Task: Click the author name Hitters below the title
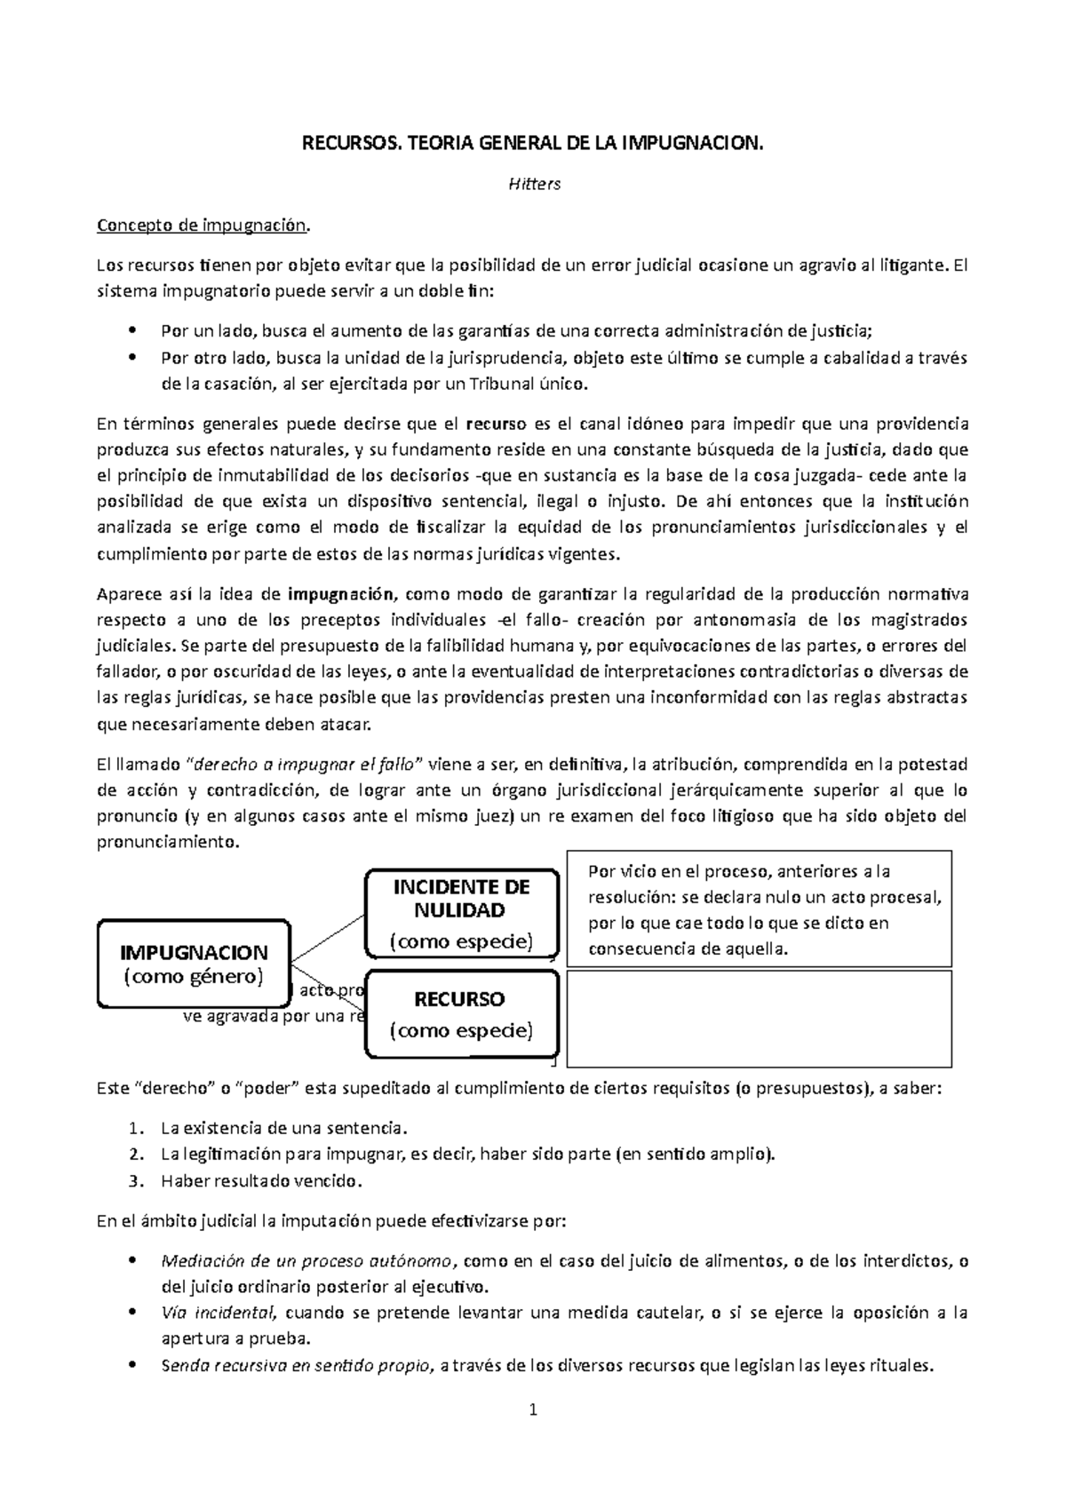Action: tap(533, 185)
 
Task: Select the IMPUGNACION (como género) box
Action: tap(194, 964)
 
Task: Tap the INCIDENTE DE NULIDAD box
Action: tap(461, 914)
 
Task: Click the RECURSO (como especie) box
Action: tap(461, 1014)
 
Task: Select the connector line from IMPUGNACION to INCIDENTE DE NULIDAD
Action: tap(328, 938)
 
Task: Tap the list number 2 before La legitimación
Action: tap(133, 1155)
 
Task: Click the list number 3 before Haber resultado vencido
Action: tap(133, 1181)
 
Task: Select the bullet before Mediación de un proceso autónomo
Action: tap(132, 1261)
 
